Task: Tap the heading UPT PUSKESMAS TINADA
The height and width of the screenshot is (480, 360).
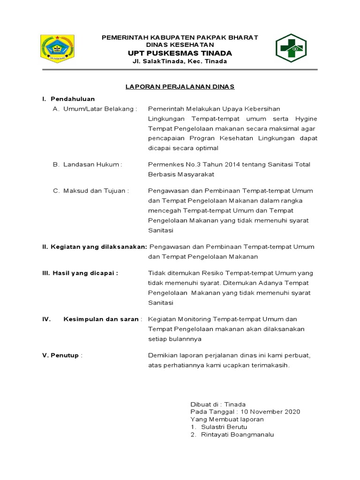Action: (180, 53)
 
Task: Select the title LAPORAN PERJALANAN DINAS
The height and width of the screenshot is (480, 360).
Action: (180, 87)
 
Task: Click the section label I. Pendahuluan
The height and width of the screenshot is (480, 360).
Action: (69, 99)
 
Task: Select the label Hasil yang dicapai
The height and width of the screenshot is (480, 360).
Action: (80, 273)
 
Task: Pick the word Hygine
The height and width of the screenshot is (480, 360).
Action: (307, 119)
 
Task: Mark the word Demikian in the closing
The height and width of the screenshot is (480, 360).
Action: (162, 355)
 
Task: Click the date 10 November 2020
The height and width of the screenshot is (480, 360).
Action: (270, 412)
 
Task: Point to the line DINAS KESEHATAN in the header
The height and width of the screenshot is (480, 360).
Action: (180, 45)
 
